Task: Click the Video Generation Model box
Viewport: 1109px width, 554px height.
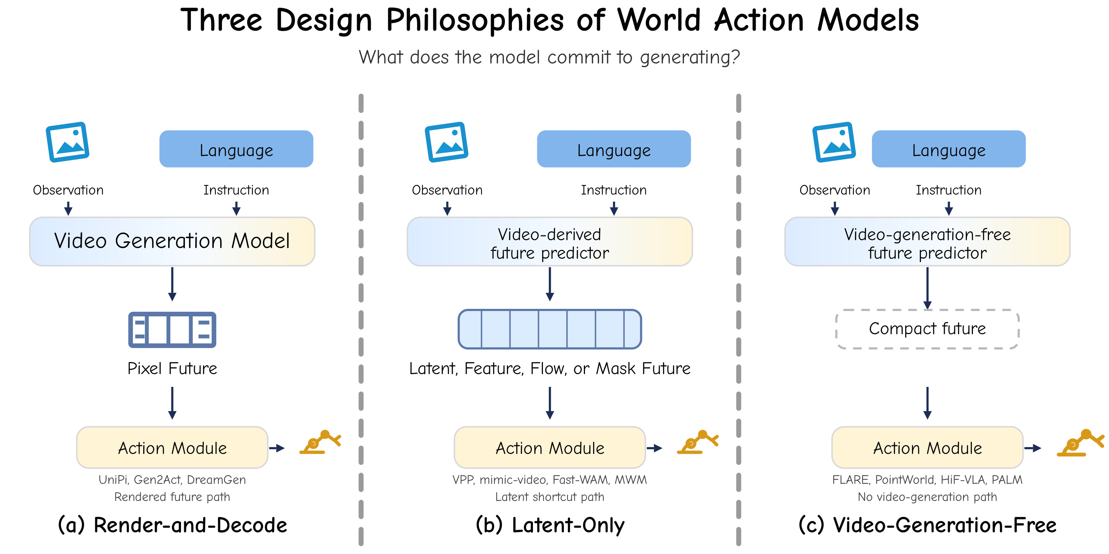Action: tap(172, 242)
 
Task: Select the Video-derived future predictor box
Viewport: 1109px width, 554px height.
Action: tap(550, 242)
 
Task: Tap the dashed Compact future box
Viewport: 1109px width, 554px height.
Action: tap(927, 329)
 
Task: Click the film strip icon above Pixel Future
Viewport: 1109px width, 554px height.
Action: tap(172, 330)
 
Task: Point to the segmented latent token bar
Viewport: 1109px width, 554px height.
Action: tap(550, 329)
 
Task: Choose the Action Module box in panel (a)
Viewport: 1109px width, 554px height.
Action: tap(172, 448)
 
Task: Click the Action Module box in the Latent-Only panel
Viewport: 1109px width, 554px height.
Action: tap(550, 448)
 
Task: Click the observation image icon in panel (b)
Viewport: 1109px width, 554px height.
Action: tap(446, 142)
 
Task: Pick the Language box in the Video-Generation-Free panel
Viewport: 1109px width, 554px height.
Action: tap(949, 149)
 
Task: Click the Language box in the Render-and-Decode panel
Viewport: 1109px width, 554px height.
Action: tap(236, 149)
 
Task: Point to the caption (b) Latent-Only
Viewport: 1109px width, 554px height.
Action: tap(550, 525)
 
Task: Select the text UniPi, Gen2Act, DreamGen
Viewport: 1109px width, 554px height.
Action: tap(172, 480)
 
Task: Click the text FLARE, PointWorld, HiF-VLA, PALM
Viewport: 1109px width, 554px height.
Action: tap(927, 480)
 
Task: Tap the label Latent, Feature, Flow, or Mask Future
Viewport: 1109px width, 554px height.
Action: tap(550, 368)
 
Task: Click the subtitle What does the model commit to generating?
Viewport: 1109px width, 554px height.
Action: tap(549, 57)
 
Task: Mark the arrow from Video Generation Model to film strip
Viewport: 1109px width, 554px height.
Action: tap(172, 284)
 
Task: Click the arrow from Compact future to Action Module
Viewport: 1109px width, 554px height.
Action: tap(927, 403)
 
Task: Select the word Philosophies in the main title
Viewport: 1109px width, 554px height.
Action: tap(475, 20)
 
